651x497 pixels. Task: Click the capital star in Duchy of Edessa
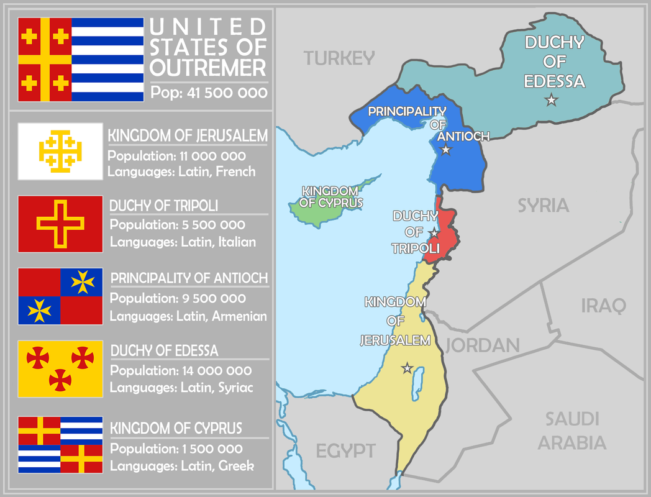pyautogui.click(x=550, y=100)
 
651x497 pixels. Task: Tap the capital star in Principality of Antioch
pyautogui.click(x=445, y=150)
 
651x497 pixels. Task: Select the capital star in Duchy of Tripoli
pyautogui.click(x=434, y=232)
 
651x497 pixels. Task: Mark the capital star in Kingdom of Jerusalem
pyautogui.click(x=407, y=368)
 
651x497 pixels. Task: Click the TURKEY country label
pyautogui.click(x=339, y=58)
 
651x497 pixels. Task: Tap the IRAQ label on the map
pyautogui.click(x=603, y=305)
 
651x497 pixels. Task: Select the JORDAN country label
pyautogui.click(x=482, y=345)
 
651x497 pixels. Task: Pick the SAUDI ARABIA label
pyautogui.click(x=571, y=431)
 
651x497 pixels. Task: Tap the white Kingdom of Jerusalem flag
pyautogui.click(x=60, y=152)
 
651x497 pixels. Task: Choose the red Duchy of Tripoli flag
pyautogui.click(x=60, y=224)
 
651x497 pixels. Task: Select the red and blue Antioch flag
pyautogui.click(x=60, y=296)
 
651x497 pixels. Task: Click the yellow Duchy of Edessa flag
pyautogui.click(x=60, y=368)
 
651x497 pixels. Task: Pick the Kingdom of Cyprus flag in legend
pyautogui.click(x=60, y=445)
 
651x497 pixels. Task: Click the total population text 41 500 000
pyautogui.click(x=209, y=93)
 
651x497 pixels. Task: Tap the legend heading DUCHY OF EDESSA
pyautogui.click(x=165, y=351)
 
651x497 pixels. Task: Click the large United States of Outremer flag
pyautogui.click(x=81, y=60)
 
